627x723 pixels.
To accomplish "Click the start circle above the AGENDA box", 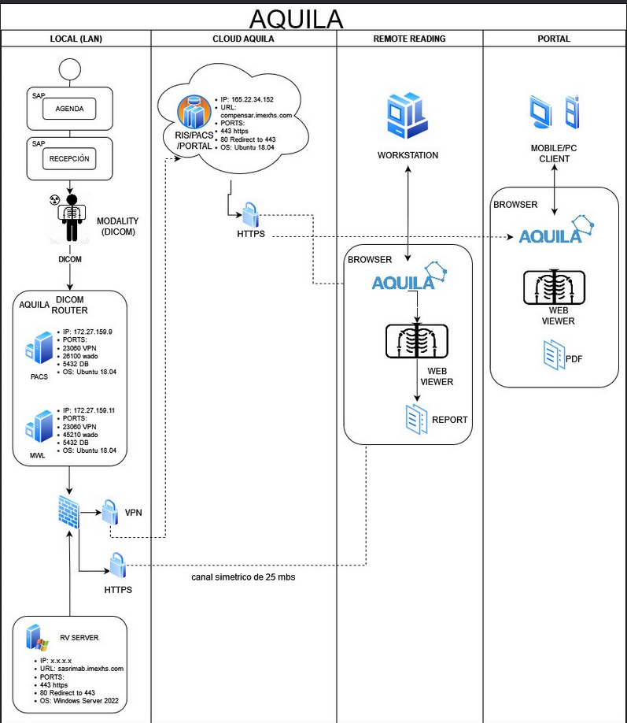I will (x=69, y=69).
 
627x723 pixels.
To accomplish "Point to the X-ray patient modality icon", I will (x=70, y=217).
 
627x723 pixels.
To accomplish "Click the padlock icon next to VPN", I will (x=109, y=513).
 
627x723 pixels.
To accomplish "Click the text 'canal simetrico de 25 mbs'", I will (x=243, y=577).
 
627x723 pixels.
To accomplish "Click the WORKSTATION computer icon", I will (x=407, y=116).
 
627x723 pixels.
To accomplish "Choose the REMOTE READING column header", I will (x=409, y=39).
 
